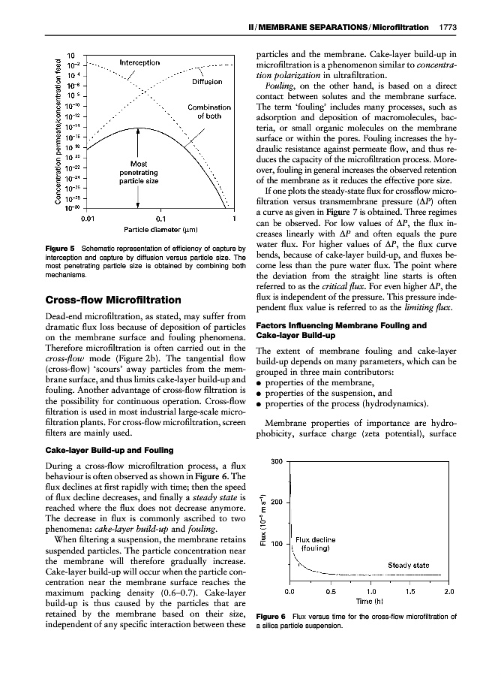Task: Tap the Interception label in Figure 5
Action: tap(139, 62)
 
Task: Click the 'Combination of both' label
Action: tap(209, 112)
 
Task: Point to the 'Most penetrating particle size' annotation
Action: tap(138, 172)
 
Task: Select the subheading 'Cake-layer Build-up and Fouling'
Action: tap(109, 450)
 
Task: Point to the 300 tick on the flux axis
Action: tap(274, 460)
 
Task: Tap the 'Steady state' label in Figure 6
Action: tap(408, 566)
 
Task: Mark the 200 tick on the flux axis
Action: tap(274, 502)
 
